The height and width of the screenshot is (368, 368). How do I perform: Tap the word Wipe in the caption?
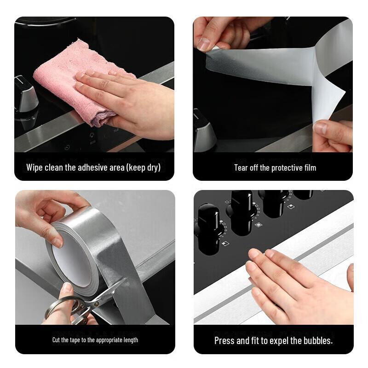34,167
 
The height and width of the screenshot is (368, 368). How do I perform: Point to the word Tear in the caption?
241,168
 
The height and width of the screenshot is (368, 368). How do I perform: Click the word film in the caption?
309,168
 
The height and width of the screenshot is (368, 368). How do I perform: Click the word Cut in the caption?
57,340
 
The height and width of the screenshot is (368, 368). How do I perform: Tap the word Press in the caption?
224,341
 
